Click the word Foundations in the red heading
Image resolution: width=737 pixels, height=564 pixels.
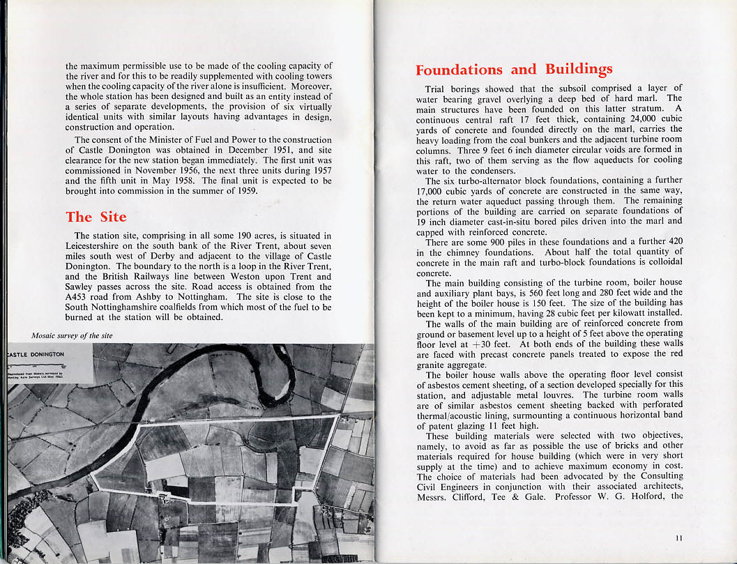[459, 70]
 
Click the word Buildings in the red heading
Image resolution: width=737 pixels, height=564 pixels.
[579, 69]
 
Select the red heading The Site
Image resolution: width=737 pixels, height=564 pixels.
[96, 216]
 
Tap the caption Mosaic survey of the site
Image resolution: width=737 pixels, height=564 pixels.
[73, 335]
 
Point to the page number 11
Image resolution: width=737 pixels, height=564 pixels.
[679, 538]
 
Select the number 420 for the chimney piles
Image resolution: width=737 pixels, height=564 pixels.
[674, 241]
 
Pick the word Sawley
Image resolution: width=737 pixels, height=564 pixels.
[84, 287]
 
